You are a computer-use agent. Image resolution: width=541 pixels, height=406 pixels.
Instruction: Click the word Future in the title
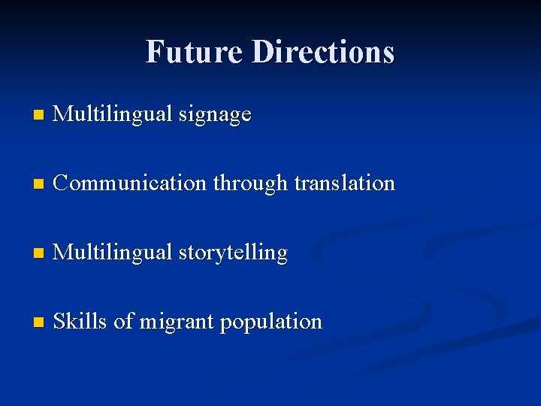coord(195,52)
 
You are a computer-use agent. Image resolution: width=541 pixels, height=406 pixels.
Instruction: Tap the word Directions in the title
coord(323,52)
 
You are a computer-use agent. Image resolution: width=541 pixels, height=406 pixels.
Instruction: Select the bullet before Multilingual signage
coord(39,116)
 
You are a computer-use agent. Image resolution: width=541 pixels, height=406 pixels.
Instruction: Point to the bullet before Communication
coord(39,184)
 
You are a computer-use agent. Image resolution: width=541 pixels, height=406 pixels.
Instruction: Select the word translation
coord(344,183)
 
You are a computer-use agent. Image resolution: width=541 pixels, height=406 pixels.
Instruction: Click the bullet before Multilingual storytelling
coord(39,254)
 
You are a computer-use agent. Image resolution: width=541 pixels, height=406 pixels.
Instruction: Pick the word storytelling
coord(233,253)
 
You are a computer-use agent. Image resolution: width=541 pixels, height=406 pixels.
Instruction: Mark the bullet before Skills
coord(39,323)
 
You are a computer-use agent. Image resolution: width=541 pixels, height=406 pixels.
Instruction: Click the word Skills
coord(80,322)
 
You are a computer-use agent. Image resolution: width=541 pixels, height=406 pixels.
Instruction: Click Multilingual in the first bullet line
coord(113,115)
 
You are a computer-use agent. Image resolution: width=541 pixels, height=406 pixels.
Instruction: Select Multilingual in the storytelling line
coord(113,253)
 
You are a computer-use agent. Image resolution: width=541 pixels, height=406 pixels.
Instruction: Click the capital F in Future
coord(154,52)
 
